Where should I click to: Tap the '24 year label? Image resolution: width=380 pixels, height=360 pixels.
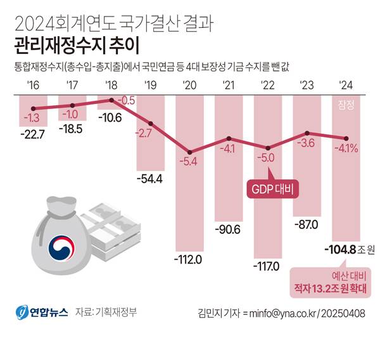coord(346,85)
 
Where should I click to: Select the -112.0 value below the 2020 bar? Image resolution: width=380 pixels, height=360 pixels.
coord(189,259)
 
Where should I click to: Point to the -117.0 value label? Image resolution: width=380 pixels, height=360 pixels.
coord(267,266)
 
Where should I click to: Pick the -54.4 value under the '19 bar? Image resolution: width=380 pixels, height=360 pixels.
coord(150,178)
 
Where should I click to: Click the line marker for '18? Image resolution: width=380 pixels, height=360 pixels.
coord(111,100)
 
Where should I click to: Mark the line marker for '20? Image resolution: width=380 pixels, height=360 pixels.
coord(189,151)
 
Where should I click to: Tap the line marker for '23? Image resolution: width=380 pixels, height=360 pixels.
coord(307,134)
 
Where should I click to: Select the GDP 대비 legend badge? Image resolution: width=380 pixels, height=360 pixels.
coord(270,189)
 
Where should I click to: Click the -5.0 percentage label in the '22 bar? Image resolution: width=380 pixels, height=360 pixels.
coord(267,158)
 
